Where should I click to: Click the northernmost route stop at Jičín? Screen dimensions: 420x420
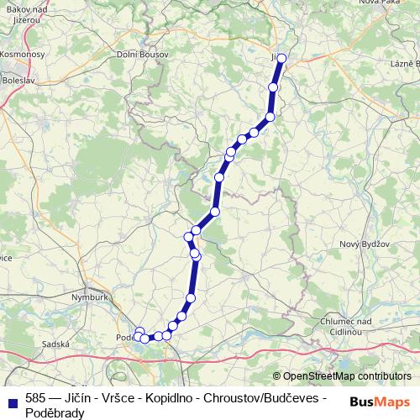coord(281,58)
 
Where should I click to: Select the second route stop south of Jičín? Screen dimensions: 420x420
coord(270,117)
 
